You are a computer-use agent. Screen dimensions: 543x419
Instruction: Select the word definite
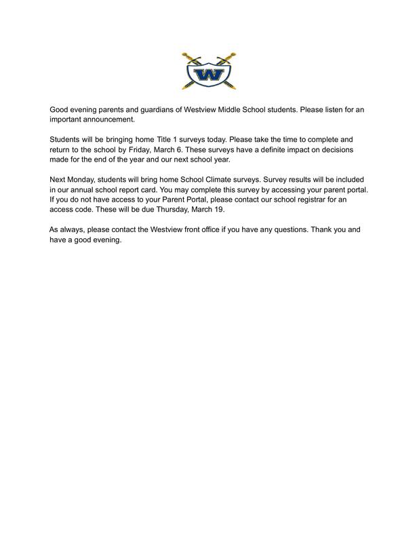pos(260,149)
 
